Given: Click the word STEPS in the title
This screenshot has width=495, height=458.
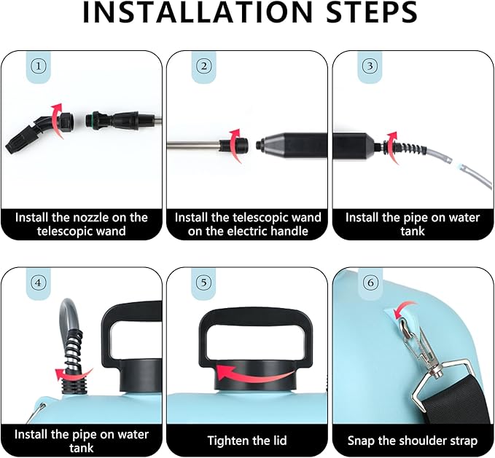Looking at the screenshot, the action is click(372, 12).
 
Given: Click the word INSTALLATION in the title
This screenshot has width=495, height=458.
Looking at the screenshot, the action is click(198, 12).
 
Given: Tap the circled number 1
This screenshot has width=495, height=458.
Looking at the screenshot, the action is click(38, 66).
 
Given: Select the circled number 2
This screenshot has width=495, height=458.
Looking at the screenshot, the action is click(203, 66).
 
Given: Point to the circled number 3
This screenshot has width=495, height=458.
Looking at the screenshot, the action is click(370, 66).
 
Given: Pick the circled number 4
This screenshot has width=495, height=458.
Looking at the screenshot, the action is click(38, 283).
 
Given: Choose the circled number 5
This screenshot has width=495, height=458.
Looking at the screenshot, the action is click(203, 283).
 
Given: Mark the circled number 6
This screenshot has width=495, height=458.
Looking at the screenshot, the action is click(370, 283).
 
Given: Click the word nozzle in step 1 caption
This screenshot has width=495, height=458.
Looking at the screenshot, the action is click(93, 218).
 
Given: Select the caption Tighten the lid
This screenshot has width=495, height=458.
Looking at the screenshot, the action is click(247, 441).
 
